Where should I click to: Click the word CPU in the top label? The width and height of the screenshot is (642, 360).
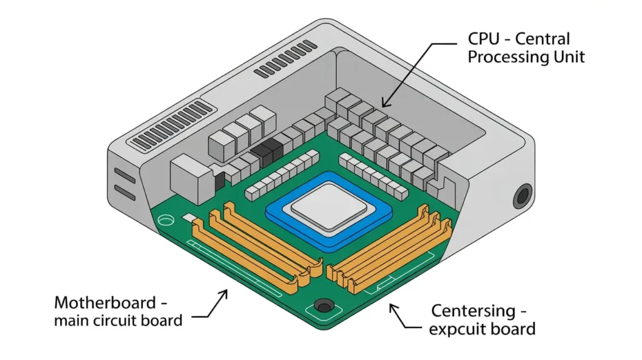484,39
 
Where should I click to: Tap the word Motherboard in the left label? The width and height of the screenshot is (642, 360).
105,303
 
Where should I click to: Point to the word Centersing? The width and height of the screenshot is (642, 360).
473,311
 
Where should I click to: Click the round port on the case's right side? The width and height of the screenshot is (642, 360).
523,196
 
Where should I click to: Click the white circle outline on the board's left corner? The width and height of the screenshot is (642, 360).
166,220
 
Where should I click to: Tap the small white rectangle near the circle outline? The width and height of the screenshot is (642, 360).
188,217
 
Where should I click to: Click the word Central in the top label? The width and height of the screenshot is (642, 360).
542,39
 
